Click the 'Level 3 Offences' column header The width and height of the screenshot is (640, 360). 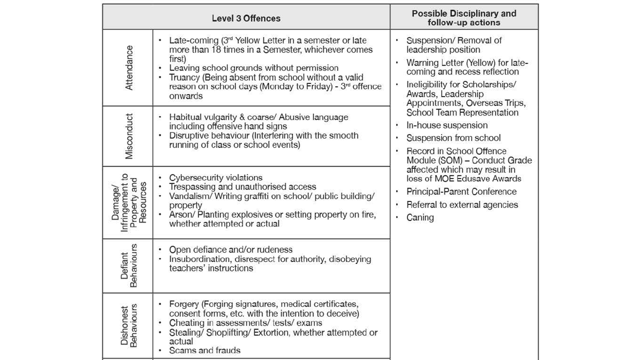[246, 18]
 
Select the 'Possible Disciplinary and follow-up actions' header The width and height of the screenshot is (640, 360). [463, 18]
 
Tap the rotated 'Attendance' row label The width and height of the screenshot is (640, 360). [129, 68]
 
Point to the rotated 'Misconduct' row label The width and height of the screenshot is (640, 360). [129, 136]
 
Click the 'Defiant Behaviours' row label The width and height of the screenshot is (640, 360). [129, 265]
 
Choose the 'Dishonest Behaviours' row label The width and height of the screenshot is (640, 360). [129, 325]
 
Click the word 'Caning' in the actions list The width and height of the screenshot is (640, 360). [420, 217]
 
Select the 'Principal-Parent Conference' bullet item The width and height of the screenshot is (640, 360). [461, 191]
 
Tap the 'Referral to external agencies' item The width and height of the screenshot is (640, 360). [462, 204]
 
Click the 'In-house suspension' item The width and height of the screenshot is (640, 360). [446, 125]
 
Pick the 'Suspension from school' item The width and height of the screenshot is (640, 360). [453, 138]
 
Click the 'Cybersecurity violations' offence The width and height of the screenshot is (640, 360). [215, 177]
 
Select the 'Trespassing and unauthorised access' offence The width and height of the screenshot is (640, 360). [242, 186]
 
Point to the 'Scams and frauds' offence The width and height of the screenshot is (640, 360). [204, 350]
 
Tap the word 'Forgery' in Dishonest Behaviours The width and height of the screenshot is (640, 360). [184, 304]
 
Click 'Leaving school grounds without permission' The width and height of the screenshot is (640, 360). [253, 68]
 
